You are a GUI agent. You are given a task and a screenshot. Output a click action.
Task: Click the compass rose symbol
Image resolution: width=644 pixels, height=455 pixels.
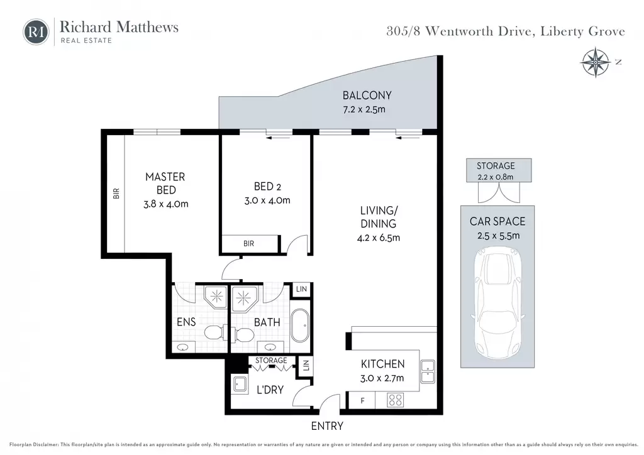coord(595,62)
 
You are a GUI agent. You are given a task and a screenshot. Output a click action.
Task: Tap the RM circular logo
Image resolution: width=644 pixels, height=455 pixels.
coord(36,31)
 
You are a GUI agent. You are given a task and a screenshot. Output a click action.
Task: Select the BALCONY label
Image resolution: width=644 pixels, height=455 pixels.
coord(367,96)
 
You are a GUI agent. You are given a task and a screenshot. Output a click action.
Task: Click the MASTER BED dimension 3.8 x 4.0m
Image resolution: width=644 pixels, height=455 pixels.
coord(166,204)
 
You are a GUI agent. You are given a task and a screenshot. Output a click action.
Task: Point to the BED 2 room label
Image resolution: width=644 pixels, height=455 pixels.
coord(267,187)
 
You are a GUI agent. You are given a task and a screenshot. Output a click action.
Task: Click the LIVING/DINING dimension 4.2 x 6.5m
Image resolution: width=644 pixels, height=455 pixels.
coord(378,238)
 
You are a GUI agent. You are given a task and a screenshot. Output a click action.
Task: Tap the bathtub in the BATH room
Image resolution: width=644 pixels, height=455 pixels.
coord(300,326)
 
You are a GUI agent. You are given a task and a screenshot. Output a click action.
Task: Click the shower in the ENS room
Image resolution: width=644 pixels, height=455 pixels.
coord(216,297)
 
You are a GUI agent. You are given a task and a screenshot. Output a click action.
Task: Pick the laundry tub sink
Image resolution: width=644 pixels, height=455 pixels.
coord(240,385)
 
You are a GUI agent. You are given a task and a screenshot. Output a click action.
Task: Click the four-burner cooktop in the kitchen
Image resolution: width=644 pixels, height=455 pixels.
coord(395,400)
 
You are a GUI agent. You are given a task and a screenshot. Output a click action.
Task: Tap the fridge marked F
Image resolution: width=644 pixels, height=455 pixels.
coord(362,400)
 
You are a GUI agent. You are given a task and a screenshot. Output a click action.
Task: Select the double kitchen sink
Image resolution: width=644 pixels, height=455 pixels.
coord(428,371)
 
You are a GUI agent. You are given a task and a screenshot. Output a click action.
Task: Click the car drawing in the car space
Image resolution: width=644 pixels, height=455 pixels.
coord(497,303)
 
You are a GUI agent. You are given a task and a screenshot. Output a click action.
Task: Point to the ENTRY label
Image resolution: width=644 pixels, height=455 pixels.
coord(327,426)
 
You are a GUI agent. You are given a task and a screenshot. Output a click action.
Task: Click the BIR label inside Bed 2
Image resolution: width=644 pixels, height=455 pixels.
coord(248,244)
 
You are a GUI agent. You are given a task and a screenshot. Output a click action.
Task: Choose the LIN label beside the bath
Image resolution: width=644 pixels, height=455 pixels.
coord(301,289)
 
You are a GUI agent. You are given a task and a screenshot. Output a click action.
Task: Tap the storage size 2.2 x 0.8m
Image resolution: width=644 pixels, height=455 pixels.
coord(496,177)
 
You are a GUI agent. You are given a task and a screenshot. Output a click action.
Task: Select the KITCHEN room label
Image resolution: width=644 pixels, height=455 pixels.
coord(382,364)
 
